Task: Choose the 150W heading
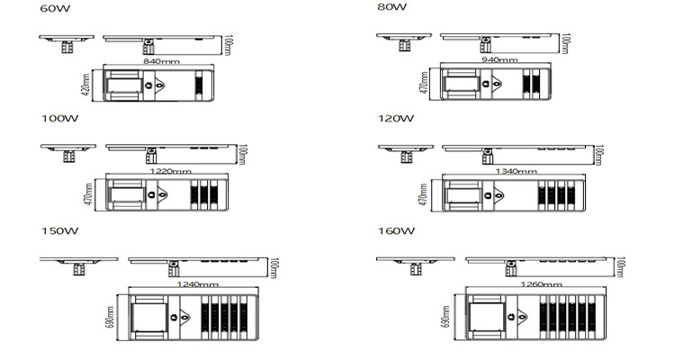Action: (x=58, y=230)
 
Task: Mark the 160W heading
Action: (x=395, y=230)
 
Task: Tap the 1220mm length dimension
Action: (x=169, y=171)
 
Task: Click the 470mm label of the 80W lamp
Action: (x=424, y=84)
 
